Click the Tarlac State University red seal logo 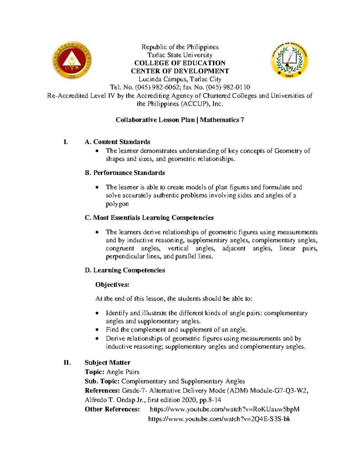[x=72, y=60]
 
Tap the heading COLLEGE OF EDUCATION [x=180, y=63]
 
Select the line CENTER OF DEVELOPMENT [x=180, y=71]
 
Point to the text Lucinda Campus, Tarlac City [x=180, y=79]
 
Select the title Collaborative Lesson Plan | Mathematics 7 [x=180, y=120]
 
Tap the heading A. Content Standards [x=117, y=142]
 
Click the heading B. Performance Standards [x=125, y=173]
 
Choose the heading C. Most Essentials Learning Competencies [x=149, y=218]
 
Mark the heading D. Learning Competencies [x=125, y=270]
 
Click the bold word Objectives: [x=112, y=285]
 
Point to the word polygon [x=117, y=204]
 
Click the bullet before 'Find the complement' [x=97, y=330]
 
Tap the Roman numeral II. [x=67, y=363]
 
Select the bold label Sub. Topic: [x=102, y=381]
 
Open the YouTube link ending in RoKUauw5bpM [x=224, y=409]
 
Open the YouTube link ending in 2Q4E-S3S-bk [x=219, y=419]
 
